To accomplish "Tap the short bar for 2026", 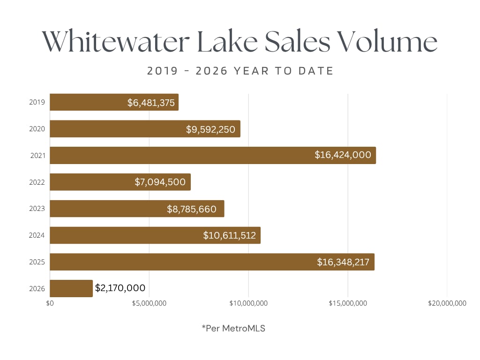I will (71, 288).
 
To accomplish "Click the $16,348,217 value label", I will (343, 262).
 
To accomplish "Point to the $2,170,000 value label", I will (120, 288).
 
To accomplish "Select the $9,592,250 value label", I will (210, 129).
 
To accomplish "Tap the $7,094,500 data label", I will (160, 182).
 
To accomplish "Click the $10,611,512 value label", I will (230, 235).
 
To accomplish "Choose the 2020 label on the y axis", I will (37, 129).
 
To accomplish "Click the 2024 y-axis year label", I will (37, 235).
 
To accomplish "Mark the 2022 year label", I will (37, 182).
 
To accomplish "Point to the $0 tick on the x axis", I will (50, 303).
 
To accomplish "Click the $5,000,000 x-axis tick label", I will (150, 303).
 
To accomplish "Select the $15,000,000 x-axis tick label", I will (348, 303).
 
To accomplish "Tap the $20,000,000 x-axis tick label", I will (447, 303).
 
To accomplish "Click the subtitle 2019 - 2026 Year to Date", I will (240, 71).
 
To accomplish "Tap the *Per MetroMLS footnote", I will (233, 329).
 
